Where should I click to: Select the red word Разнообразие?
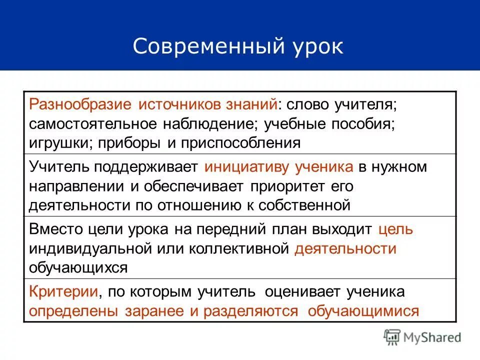click(80, 105)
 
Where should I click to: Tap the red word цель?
click(395, 229)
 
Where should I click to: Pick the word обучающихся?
click(78, 267)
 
